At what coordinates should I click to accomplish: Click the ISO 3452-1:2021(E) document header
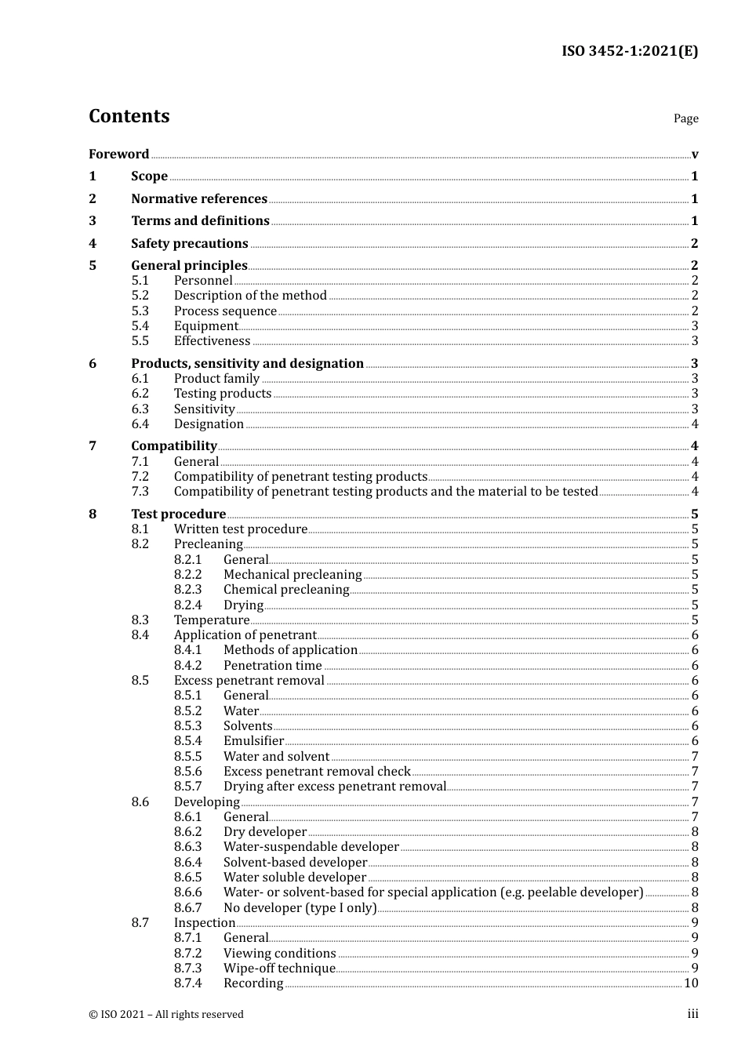coord(629,52)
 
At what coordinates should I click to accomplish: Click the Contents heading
coord(129,116)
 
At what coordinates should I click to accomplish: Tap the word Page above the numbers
coord(685,118)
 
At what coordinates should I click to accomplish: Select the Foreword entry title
coord(118,154)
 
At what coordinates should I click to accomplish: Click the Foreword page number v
coord(695,154)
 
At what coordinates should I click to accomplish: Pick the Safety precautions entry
coord(189,244)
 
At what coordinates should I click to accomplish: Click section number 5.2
coord(140,296)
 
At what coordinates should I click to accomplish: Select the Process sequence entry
coord(225,311)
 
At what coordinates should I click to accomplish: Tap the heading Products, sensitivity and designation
coord(247,364)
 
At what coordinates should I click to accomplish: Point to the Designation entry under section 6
coord(209,424)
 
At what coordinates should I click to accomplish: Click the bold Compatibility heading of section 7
coord(173,446)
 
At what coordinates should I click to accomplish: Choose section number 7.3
coord(140,492)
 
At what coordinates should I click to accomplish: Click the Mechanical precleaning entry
coord(293,575)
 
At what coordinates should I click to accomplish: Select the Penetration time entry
coord(272,666)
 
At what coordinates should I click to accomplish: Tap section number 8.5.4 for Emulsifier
coord(187,741)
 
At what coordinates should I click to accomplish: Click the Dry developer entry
coord(264,832)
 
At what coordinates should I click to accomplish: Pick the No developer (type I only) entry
coord(300,908)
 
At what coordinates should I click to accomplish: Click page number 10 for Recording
coord(691,983)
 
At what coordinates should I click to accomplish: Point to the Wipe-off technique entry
coord(279,969)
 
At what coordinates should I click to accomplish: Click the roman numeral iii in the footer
coord(692,1014)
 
